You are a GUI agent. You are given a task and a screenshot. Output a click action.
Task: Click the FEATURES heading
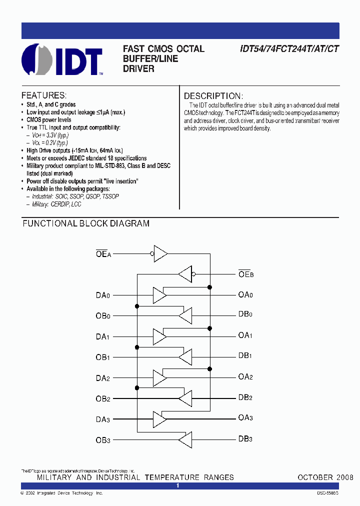click(x=44, y=95)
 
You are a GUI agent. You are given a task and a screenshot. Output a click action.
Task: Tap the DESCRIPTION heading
click(x=213, y=96)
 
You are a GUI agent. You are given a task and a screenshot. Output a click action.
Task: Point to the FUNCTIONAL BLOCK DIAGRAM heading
click(x=86, y=223)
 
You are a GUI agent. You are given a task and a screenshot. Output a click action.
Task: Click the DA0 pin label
click(x=103, y=295)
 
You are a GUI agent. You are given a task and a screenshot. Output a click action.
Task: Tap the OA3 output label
click(x=245, y=418)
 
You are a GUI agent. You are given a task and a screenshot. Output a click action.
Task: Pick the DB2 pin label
click(x=245, y=397)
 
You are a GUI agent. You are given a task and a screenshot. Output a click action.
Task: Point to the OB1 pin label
click(x=103, y=357)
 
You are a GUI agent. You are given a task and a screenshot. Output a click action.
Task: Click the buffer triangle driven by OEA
click(x=160, y=253)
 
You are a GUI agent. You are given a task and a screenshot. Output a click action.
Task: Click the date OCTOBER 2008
click(x=325, y=477)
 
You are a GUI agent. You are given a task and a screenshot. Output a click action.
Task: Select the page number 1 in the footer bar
click(x=178, y=485)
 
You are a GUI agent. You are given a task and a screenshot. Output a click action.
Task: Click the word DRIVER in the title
click(x=138, y=68)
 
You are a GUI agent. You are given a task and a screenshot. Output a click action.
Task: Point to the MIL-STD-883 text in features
click(x=112, y=165)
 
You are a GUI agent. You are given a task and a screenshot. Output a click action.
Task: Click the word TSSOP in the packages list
click(x=110, y=196)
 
